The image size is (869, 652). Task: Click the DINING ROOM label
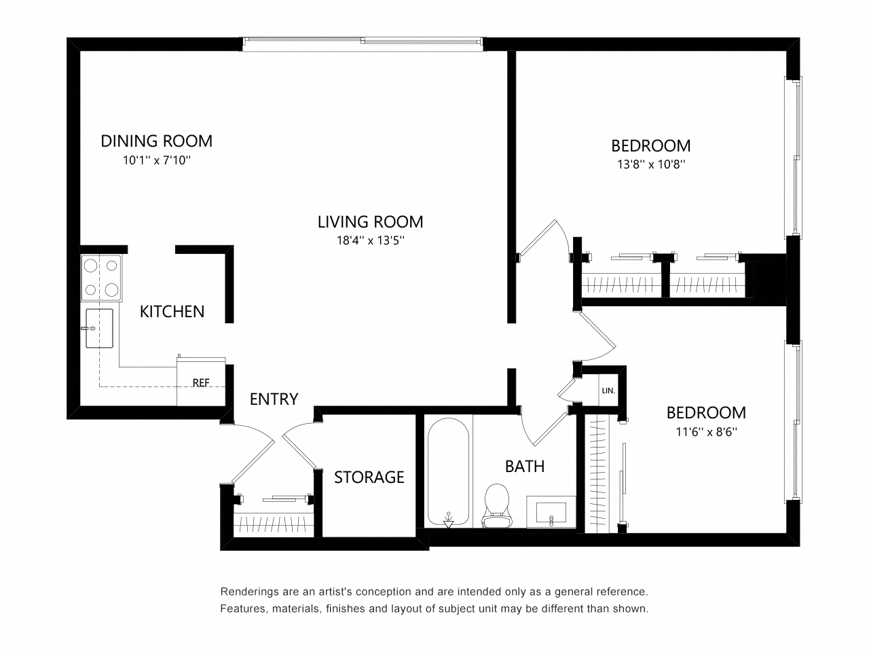(x=156, y=141)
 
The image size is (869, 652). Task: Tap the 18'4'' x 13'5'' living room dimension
(x=370, y=240)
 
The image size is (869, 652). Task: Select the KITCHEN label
(x=172, y=312)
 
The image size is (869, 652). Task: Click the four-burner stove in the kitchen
(x=101, y=278)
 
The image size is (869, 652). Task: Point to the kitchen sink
(x=99, y=328)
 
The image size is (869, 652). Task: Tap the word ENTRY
(x=274, y=399)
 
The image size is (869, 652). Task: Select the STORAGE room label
(x=369, y=477)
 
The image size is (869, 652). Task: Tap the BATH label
(x=524, y=467)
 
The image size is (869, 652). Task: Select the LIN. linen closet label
(x=608, y=391)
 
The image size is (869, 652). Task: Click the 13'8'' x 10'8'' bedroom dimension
(x=650, y=164)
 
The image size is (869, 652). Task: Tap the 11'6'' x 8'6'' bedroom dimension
(x=705, y=431)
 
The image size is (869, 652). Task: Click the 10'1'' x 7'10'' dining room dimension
(x=157, y=161)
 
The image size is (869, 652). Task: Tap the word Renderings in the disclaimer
(x=248, y=592)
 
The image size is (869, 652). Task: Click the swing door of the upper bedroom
(x=543, y=240)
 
